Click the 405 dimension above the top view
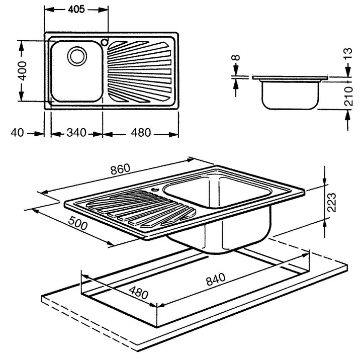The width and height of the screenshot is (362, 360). (x=77, y=10)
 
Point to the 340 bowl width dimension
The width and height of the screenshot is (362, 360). (x=77, y=133)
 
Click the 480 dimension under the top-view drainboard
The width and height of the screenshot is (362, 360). (x=140, y=133)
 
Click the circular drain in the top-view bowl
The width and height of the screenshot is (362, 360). (x=77, y=56)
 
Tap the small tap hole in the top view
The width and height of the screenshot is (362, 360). (x=105, y=42)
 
